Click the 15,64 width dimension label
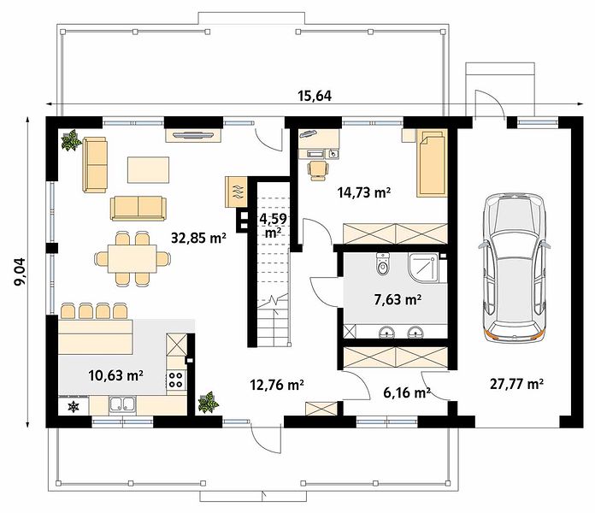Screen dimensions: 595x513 click(x=315, y=96)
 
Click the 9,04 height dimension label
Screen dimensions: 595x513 click(x=20, y=272)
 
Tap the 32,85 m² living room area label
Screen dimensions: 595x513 click(x=198, y=238)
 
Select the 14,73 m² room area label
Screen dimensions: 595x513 click(x=364, y=192)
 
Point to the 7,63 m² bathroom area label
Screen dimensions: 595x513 click(x=398, y=299)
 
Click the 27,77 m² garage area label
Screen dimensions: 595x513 click(x=516, y=384)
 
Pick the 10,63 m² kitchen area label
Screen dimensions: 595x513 click(x=115, y=375)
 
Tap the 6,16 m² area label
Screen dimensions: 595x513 click(x=406, y=392)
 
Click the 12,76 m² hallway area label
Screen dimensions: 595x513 click(x=277, y=385)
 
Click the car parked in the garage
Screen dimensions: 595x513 click(x=514, y=266)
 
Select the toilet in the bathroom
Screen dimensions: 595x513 click(x=382, y=263)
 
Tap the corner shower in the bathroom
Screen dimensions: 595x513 click(x=423, y=268)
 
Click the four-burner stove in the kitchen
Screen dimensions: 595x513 click(x=176, y=380)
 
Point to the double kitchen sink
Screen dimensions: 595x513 click(x=122, y=405)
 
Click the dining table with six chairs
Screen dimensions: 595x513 click(x=132, y=258)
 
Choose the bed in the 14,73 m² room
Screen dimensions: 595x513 click(x=432, y=163)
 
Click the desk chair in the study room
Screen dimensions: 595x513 click(x=318, y=170)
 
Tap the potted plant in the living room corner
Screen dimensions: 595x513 click(x=71, y=140)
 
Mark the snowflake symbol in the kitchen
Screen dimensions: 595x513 click(x=74, y=406)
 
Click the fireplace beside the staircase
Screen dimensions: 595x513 click(x=236, y=192)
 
